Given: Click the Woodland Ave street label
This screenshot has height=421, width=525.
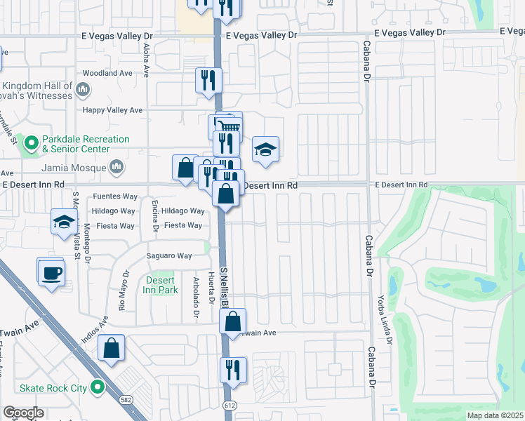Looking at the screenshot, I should pos(107,73).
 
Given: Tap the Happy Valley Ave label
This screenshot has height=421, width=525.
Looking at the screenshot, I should pos(113,110).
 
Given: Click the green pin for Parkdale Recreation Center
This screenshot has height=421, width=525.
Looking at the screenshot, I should pos(31,144).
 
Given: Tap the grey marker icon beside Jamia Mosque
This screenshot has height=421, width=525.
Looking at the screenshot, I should pos(117,167).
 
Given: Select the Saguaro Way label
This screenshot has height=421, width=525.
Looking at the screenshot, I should pos(168,256).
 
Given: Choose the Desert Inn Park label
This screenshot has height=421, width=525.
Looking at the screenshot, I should pos(161,284).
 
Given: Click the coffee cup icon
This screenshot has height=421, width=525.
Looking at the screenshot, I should pos(51,272).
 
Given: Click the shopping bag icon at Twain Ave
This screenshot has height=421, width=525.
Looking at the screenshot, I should pos(233,321).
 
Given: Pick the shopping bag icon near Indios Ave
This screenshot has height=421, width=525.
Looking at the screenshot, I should pos(112,348).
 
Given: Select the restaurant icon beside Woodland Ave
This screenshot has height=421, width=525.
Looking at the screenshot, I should pos(208,81).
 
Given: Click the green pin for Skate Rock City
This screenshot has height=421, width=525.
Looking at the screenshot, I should pos(98,387).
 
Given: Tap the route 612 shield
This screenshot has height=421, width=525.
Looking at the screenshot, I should pos(230,405).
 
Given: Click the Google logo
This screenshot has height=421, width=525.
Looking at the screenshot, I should pos(23,413).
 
